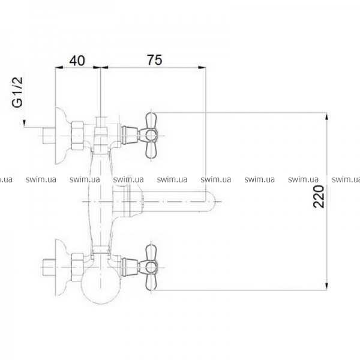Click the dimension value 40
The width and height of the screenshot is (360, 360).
coord(77,61)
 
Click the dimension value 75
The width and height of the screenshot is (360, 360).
coord(155,60)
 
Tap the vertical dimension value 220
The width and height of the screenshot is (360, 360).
coord(319,197)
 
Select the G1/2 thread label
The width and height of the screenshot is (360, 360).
coord(17,92)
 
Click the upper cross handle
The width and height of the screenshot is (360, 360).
coord(151,136)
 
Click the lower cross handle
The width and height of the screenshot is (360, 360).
coord(151,268)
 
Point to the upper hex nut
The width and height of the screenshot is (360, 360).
coord(77,136)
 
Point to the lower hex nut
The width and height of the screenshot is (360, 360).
coord(77,268)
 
